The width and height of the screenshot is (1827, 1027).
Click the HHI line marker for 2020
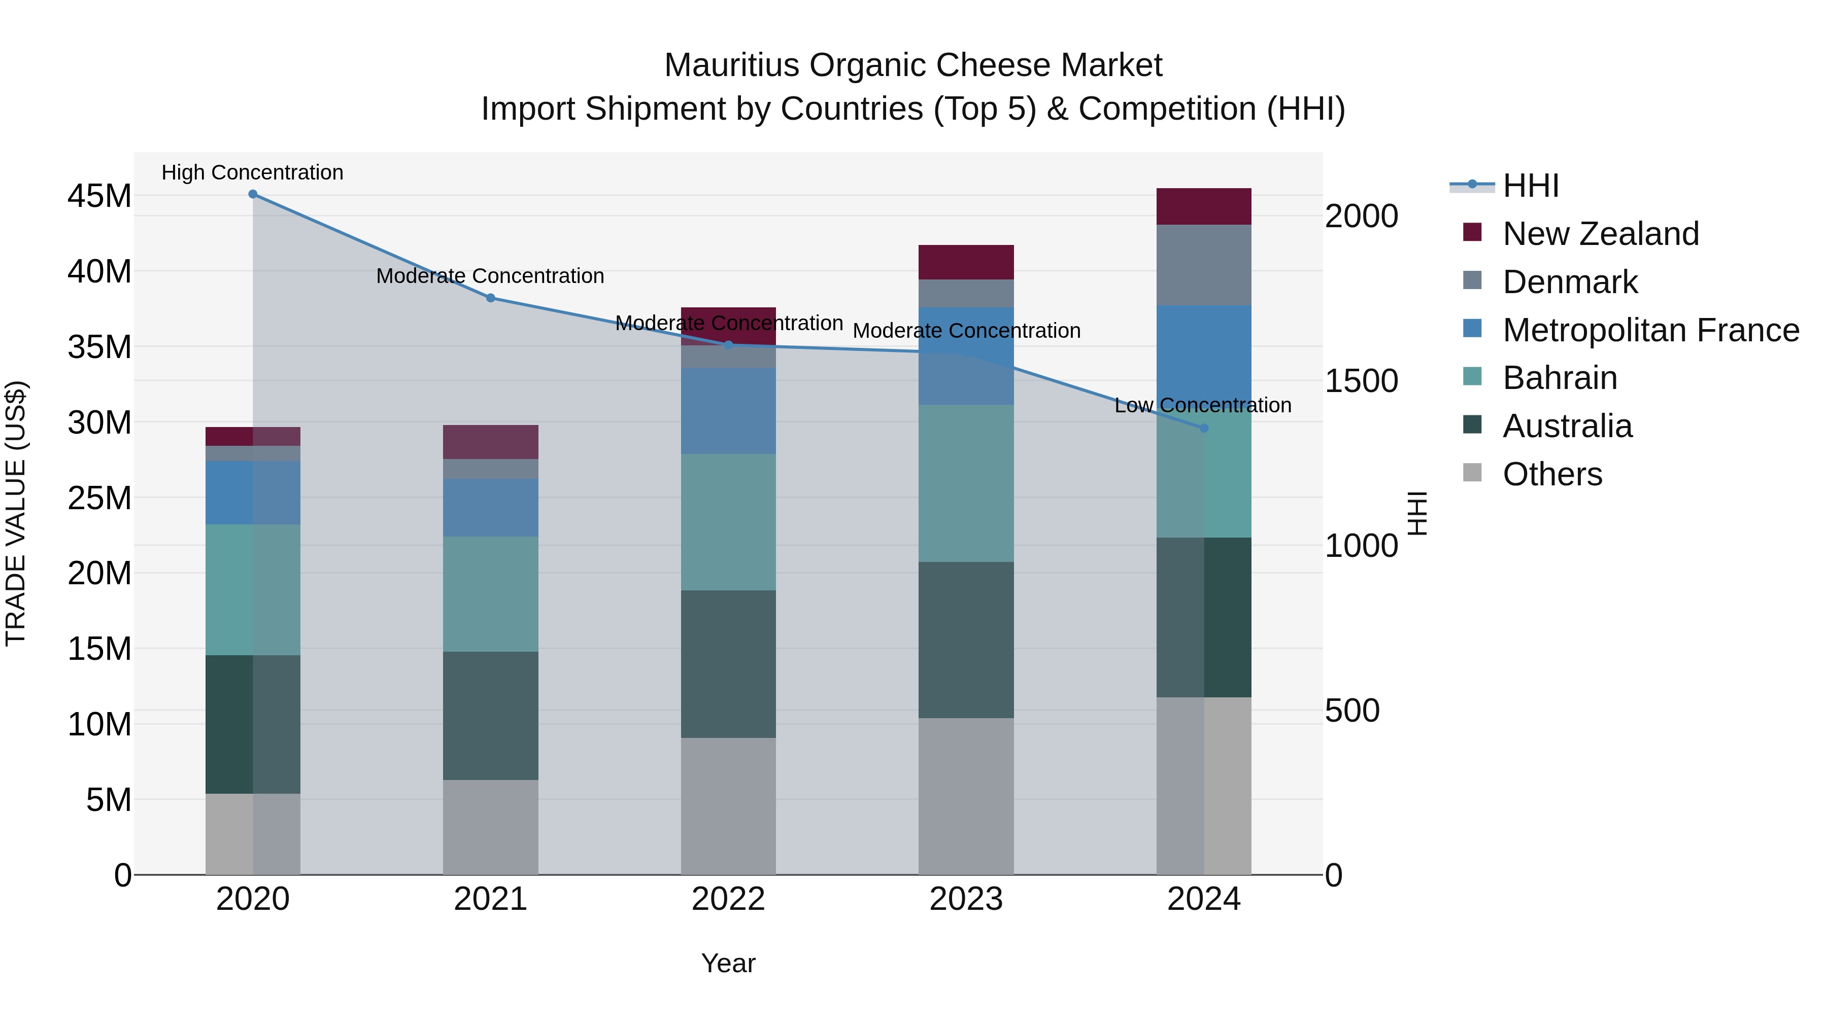(x=253, y=194)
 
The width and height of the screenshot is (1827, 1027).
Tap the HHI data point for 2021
(x=491, y=298)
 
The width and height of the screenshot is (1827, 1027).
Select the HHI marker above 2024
(x=1204, y=428)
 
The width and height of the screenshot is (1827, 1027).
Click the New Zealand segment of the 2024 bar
(x=1204, y=206)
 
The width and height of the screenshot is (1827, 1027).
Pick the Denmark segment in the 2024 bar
(x=1204, y=265)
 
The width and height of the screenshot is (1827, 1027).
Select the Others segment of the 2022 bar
(x=728, y=806)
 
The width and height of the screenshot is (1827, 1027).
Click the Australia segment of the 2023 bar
(x=966, y=640)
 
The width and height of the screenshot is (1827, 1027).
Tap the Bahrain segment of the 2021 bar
(x=491, y=594)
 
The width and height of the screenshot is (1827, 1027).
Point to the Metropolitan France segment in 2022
(x=728, y=411)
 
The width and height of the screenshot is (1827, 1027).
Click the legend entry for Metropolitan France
(x=1650, y=330)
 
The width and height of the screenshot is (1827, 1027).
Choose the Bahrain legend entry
(x=1560, y=378)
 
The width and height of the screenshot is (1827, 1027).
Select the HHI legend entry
(x=1531, y=186)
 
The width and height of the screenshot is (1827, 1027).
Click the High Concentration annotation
(x=253, y=172)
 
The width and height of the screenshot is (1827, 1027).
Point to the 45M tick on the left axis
(x=99, y=196)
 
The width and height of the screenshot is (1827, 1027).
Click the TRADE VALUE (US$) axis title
(x=16, y=513)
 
